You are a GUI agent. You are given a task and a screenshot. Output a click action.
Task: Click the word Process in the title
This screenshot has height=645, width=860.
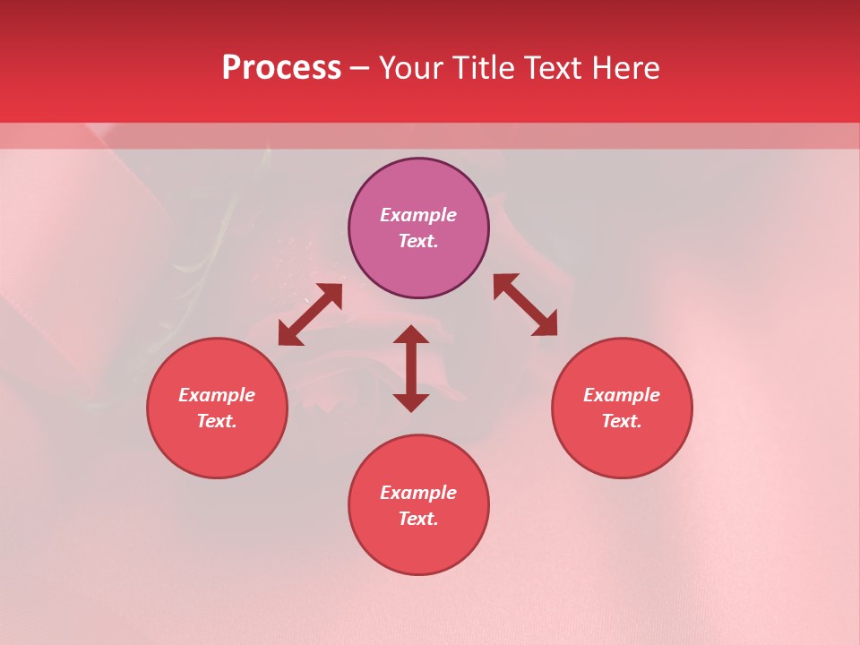point(281,68)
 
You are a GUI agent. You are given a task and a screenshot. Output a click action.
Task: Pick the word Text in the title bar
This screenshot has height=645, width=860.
point(552,68)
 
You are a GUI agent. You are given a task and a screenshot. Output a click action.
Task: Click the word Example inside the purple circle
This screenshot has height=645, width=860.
point(418,215)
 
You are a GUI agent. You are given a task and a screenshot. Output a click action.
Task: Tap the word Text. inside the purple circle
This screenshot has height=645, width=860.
point(418,241)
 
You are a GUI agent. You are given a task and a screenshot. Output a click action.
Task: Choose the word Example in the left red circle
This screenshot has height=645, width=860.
point(217,395)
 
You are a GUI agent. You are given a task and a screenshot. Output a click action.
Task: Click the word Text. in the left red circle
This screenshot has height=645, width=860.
point(217,421)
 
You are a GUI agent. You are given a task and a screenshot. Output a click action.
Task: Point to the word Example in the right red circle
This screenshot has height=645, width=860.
point(622,395)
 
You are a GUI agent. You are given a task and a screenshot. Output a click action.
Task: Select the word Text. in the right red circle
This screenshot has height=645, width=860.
point(622,421)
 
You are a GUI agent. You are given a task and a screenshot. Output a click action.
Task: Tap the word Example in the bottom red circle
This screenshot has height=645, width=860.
point(418,493)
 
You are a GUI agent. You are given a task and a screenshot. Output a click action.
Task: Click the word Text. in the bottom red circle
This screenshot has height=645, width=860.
point(418,519)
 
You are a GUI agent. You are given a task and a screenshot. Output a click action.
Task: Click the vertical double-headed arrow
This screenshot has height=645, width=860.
point(411,368)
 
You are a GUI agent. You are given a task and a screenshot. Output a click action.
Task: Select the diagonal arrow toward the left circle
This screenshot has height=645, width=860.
point(310,314)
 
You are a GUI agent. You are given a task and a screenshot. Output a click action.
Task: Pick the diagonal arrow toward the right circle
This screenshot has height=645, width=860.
point(525,305)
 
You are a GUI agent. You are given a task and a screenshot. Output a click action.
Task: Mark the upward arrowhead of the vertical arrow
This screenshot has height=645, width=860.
point(411,335)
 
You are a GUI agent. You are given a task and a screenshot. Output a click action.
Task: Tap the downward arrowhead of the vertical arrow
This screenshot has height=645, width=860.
point(411,402)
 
